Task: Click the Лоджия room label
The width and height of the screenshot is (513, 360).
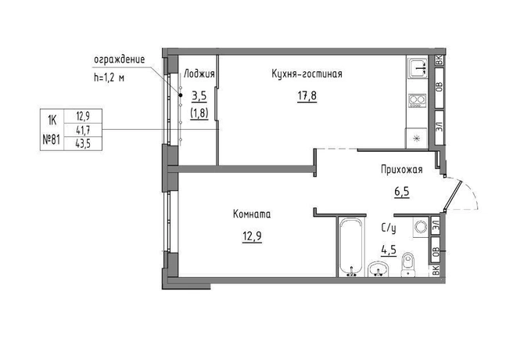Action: [x=199, y=74]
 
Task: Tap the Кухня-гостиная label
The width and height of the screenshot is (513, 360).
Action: [x=307, y=74]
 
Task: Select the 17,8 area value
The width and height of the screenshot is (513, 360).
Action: [x=307, y=96]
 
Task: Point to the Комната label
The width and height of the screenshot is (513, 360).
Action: [x=252, y=214]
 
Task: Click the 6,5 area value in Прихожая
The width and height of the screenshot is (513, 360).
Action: [x=402, y=192]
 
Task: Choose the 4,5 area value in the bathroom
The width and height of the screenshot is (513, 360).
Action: [x=389, y=250]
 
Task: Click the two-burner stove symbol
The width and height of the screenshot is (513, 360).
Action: [x=417, y=101]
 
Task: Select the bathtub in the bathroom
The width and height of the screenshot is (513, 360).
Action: [x=351, y=247]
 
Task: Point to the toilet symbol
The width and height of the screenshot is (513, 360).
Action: [x=407, y=265]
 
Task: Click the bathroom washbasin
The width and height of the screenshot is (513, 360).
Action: [x=378, y=269]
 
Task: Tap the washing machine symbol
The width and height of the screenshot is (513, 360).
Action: [x=421, y=226]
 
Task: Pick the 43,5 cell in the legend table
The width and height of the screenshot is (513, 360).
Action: [x=83, y=144]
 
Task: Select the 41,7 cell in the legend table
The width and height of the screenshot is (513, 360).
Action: [x=83, y=130]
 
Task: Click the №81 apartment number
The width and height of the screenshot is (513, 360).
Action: [x=52, y=140]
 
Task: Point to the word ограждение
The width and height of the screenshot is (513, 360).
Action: [x=120, y=59]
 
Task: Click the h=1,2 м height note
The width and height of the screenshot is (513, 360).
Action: [x=109, y=77]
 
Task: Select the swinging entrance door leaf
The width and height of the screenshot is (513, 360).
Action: [x=453, y=196]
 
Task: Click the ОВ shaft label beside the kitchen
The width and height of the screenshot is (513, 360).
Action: [x=439, y=87]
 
